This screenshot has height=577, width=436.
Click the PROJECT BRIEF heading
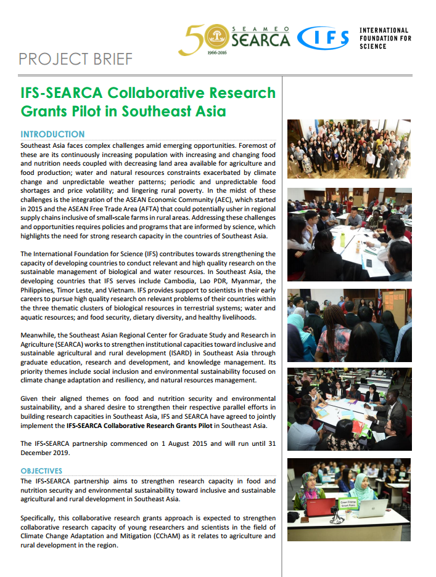[x=75, y=59]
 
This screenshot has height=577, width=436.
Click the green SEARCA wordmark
[x=261, y=39]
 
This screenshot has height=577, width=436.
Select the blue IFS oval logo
[x=323, y=38]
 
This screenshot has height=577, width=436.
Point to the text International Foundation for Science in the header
[x=384, y=38]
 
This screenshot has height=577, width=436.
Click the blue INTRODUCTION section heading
[x=52, y=134]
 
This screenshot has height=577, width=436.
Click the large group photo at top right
[x=349, y=149]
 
